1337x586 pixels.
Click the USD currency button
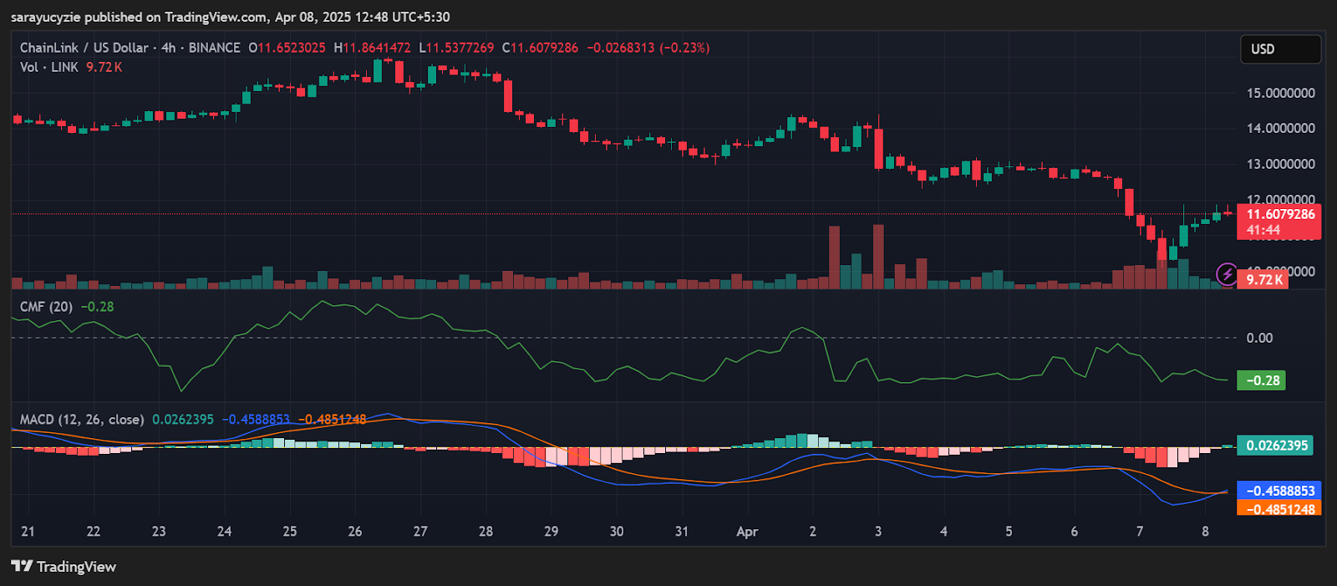click(x=1279, y=49)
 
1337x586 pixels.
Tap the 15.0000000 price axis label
click(x=1280, y=93)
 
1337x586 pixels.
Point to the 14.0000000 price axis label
click(x=1280, y=128)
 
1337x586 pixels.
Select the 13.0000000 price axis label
click(x=1280, y=164)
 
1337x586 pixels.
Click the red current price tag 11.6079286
click(x=1279, y=215)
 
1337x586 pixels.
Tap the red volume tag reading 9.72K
click(x=1263, y=279)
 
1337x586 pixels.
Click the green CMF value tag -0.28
click(x=1263, y=380)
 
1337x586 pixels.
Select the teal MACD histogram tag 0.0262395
click(x=1276, y=446)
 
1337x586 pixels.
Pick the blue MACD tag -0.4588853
click(x=1279, y=491)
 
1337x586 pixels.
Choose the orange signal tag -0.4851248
click(x=1279, y=508)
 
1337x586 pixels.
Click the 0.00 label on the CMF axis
click(x=1259, y=338)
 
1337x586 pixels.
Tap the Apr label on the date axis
click(x=747, y=532)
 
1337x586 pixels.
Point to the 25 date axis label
click(x=290, y=532)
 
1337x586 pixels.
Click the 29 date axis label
click(x=552, y=532)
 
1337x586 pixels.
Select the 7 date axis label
click(x=1140, y=532)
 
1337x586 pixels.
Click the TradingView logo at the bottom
click(x=64, y=567)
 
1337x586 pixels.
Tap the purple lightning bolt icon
click(x=1227, y=273)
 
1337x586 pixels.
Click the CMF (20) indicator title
click(x=46, y=307)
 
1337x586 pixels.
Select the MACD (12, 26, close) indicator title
click(x=82, y=420)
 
